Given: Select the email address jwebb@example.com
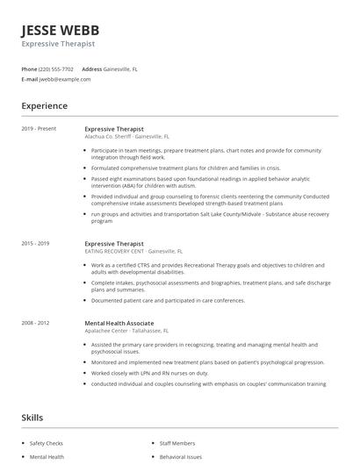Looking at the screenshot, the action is [x=65, y=79].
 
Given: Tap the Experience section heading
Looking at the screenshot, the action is [x=45, y=106].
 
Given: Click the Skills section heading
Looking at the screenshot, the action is [x=32, y=418].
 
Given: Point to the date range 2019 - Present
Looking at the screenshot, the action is [x=39, y=129].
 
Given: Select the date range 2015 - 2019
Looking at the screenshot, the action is [x=36, y=244].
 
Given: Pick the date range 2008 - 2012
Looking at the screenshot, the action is [x=36, y=323].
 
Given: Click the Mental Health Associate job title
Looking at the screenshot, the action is [x=119, y=323].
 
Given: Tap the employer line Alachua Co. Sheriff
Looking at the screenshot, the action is [x=127, y=137].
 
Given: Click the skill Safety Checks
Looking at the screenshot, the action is [x=46, y=444].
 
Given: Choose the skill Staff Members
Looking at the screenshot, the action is [x=178, y=444].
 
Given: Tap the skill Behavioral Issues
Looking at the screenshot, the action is [x=182, y=457].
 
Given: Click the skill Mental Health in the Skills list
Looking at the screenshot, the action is [x=47, y=457].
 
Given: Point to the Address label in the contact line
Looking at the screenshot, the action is [x=91, y=68].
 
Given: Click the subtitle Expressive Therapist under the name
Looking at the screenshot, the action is [x=58, y=43].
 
